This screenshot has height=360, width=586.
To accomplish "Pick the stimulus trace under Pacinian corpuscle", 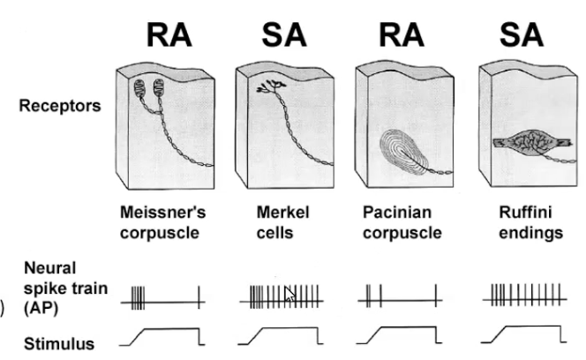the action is coord(402,335).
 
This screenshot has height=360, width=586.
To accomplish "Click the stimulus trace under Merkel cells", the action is coord(281,335).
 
